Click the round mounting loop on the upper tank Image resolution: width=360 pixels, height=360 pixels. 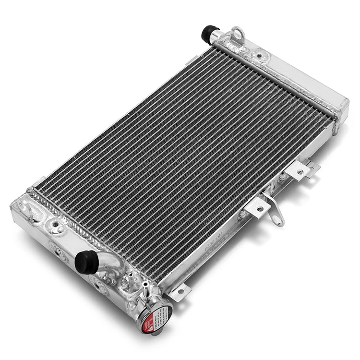[x=237, y=34]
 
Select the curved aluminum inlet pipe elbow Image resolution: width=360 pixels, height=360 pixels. [x=109, y=262]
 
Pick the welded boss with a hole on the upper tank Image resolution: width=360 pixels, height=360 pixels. [x=259, y=56]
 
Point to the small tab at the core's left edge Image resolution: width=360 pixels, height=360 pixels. [x=39, y=181]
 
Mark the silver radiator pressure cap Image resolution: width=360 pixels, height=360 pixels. [x=155, y=314]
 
